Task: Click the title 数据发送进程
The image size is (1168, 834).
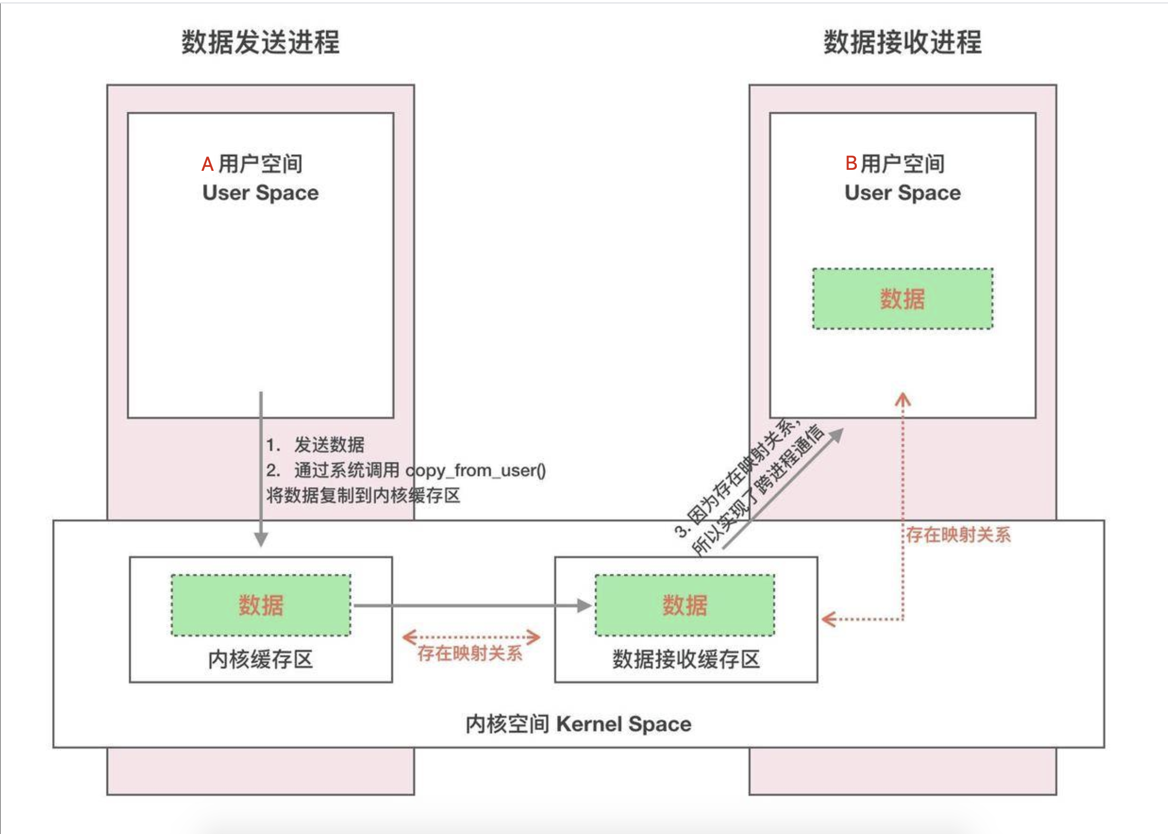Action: (260, 42)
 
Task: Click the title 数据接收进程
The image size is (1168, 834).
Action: (903, 42)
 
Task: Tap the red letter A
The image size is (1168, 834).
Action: (207, 164)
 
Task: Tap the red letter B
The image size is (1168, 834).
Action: (851, 163)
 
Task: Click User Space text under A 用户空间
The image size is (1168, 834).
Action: (260, 192)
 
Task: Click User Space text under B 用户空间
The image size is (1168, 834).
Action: (903, 192)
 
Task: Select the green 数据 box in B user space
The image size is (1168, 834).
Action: (903, 299)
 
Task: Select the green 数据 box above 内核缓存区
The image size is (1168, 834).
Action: (261, 605)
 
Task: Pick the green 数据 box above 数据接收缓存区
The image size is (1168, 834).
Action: (684, 605)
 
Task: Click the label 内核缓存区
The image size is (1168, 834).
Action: (260, 659)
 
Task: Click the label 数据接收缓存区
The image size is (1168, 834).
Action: (686, 659)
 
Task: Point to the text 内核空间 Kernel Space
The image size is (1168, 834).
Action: (579, 724)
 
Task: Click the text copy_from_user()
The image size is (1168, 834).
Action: (476, 470)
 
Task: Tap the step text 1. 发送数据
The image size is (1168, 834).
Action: (315, 445)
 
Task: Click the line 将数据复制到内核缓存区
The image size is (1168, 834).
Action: (363, 496)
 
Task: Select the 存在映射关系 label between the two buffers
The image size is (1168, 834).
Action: (470, 653)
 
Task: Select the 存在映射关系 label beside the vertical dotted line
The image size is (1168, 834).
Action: (958, 535)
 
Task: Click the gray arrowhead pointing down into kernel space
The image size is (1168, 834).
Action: (261, 539)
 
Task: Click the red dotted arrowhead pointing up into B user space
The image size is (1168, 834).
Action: (903, 400)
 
